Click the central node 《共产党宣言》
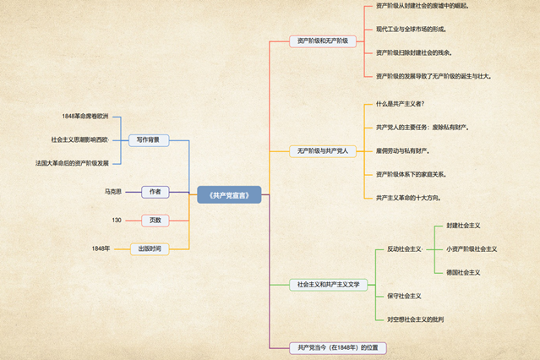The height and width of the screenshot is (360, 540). (229, 194)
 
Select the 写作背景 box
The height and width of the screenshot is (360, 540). (149, 139)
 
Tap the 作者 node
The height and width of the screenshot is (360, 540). (155, 192)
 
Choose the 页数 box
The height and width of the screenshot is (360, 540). (155, 221)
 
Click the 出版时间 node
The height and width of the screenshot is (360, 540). (149, 248)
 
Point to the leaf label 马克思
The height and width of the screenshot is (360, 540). (113, 192)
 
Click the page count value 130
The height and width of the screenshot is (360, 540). (117, 221)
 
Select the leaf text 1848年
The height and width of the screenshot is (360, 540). (101, 248)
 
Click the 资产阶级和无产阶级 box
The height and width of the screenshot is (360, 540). (323, 41)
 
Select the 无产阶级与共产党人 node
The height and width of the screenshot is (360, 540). (322, 151)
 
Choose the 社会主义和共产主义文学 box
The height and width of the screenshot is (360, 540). (329, 285)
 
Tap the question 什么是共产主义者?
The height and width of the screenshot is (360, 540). (401, 104)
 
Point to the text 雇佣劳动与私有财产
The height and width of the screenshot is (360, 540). (403, 150)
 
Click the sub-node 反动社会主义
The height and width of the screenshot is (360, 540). (404, 249)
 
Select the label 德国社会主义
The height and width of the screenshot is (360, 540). (463, 272)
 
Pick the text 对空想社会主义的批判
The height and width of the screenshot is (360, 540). (416, 319)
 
